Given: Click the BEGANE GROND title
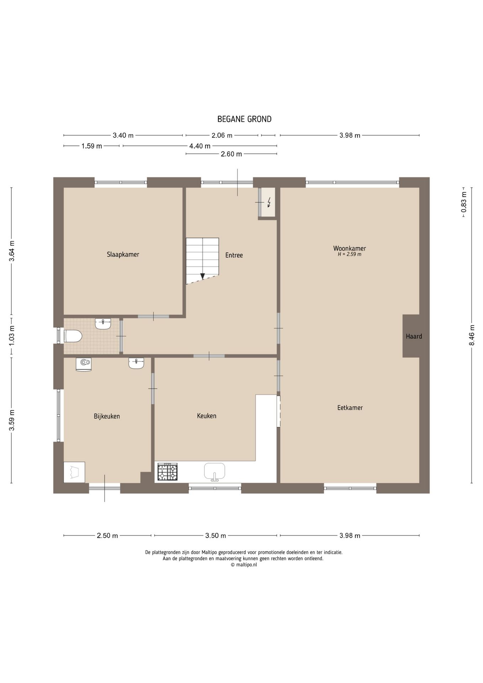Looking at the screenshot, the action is click(244, 119).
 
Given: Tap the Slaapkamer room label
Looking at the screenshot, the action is click(123, 254).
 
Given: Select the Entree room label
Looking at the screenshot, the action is click(234, 255).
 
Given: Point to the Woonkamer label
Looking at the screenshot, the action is click(350, 248).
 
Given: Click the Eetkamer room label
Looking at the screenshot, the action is click(350, 408).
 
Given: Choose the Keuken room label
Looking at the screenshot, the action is click(207, 416).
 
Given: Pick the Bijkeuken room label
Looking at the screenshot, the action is click(107, 416).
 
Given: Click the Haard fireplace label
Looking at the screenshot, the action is click(414, 336).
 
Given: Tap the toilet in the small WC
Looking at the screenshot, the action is click(73, 336).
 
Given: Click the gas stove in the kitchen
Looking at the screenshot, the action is click(168, 472).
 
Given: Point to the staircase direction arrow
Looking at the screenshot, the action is click(202, 276).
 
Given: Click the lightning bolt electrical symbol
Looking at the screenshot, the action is click(269, 202).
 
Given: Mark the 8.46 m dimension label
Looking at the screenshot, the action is click(472, 335).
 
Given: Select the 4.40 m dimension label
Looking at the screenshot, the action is click(200, 146).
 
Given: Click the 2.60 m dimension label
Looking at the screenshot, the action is click(231, 154).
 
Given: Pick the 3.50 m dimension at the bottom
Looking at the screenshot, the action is click(216, 536).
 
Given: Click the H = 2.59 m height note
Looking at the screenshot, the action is click(350, 254).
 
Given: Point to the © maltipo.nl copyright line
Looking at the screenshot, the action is click(244, 565).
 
